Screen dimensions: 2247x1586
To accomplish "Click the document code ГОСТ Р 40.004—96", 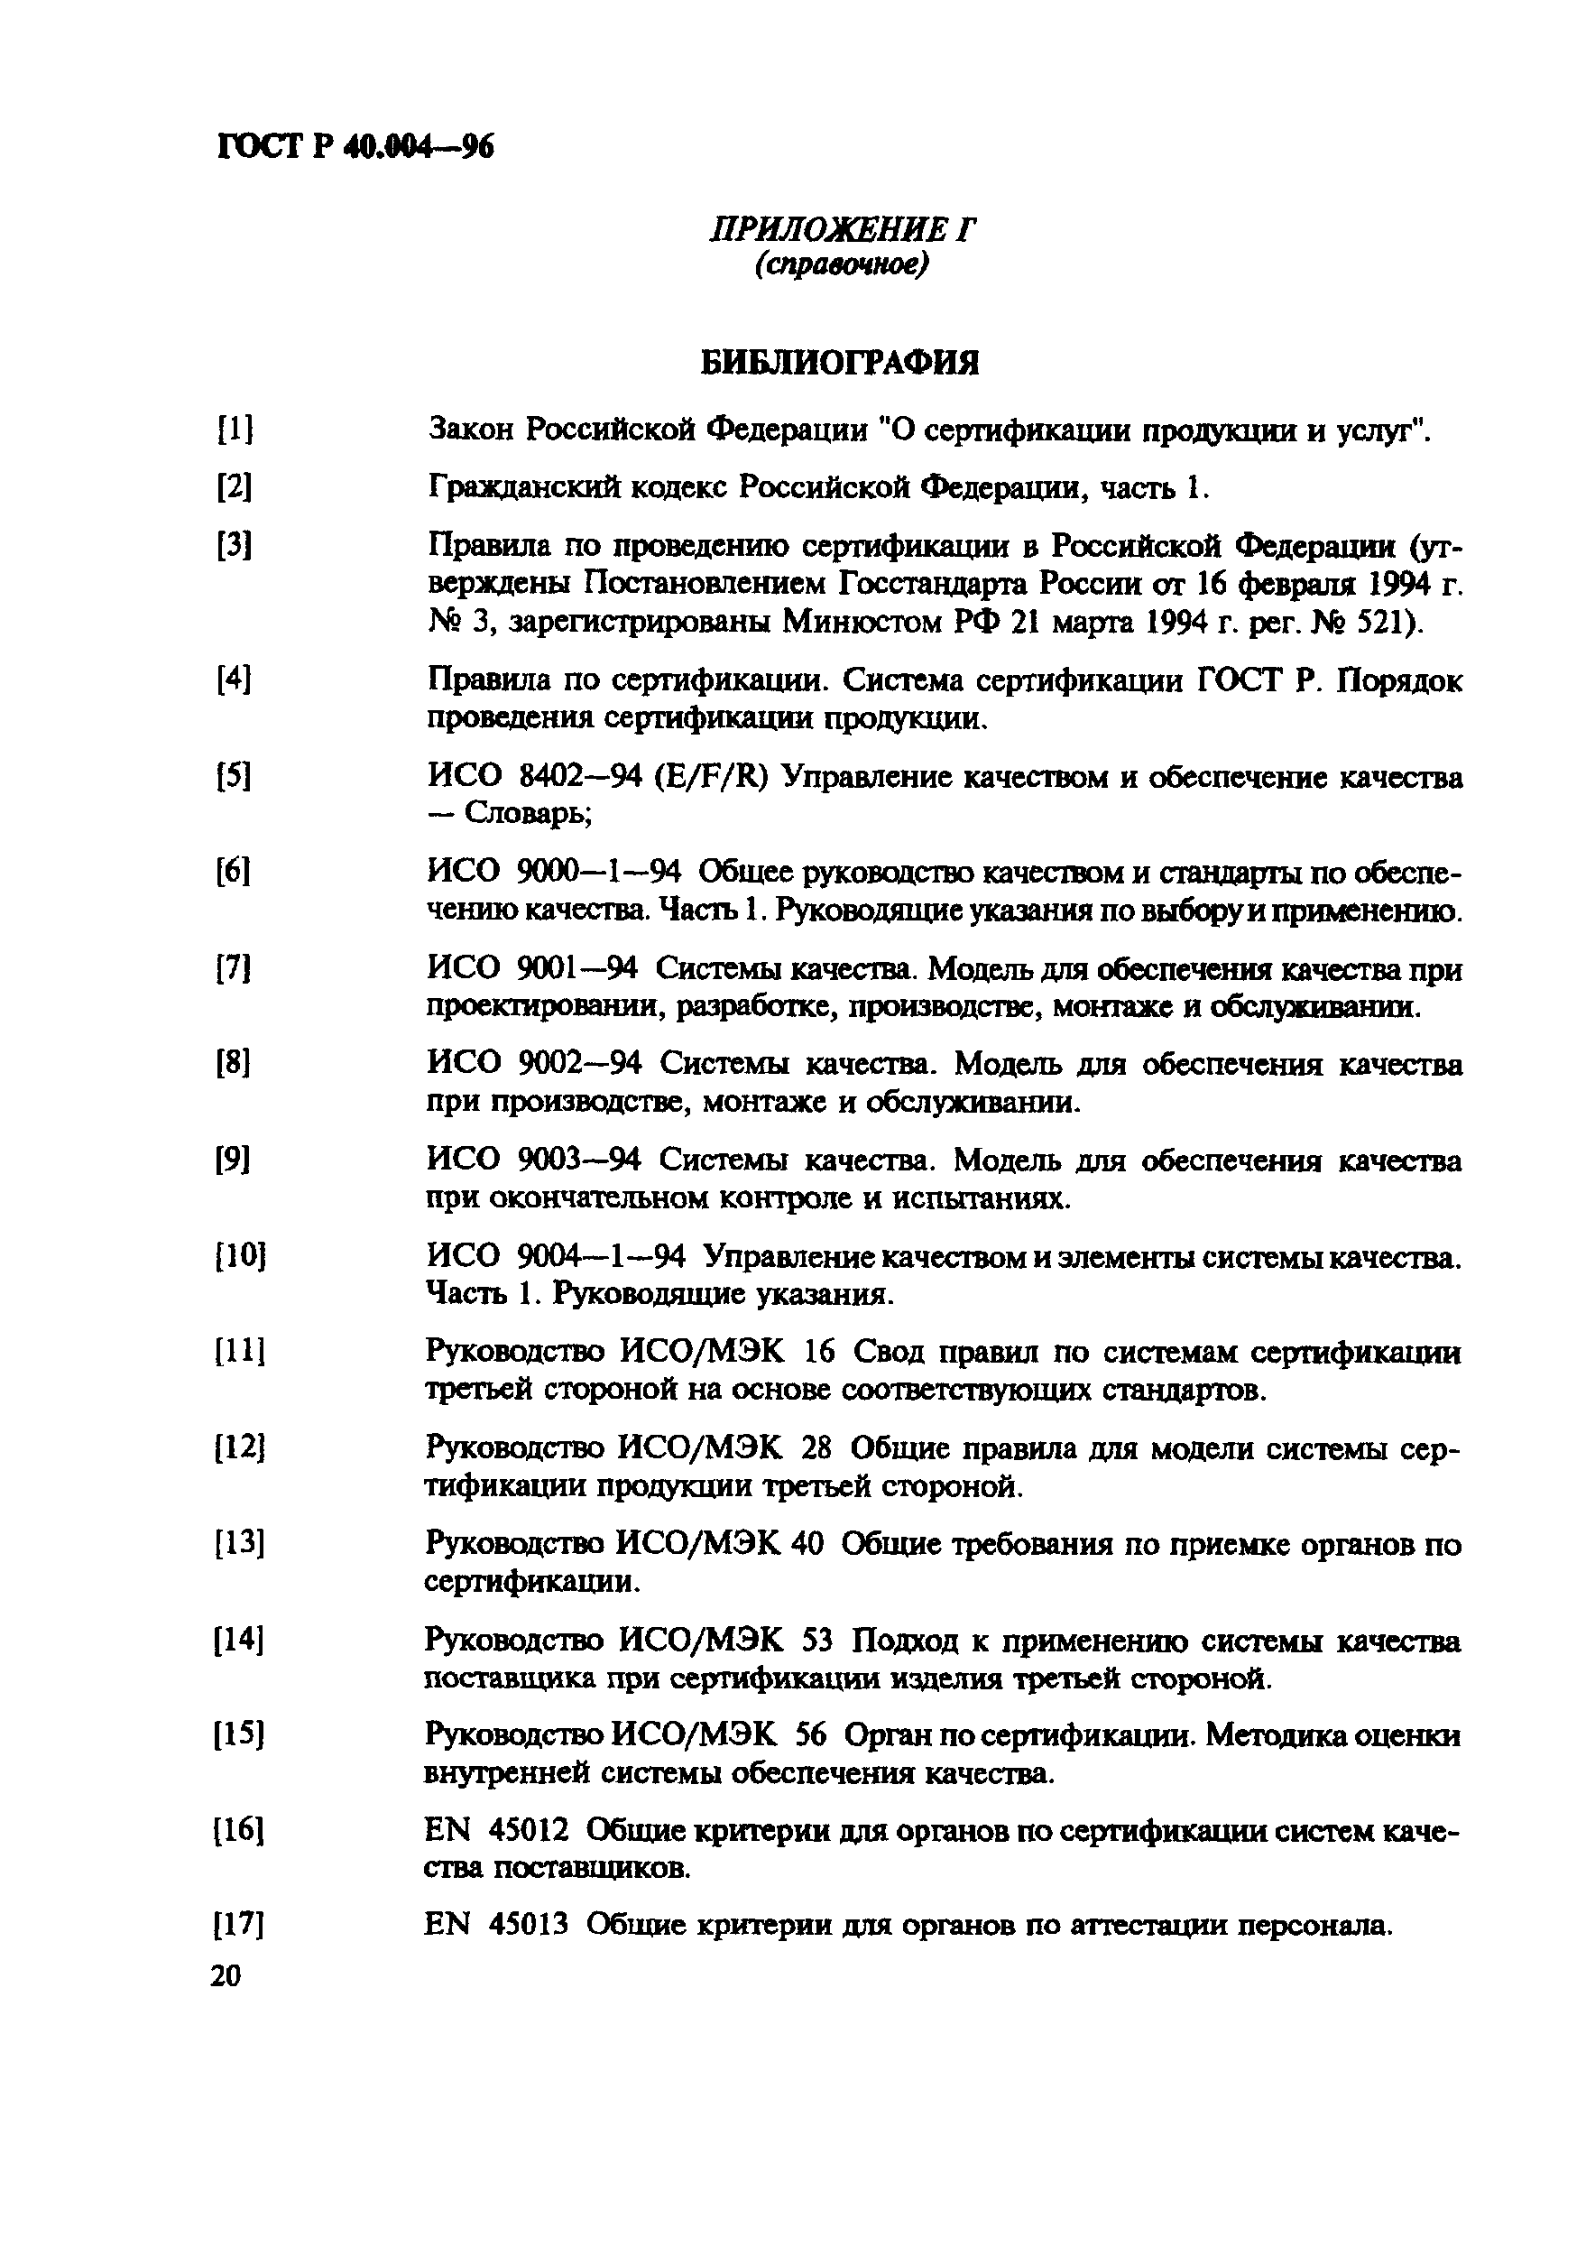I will coord(355,146).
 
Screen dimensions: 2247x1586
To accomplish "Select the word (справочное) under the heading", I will coord(841,264).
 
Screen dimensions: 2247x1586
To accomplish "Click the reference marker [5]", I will coord(233,776).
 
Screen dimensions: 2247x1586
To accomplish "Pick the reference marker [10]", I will coord(240,1255).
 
